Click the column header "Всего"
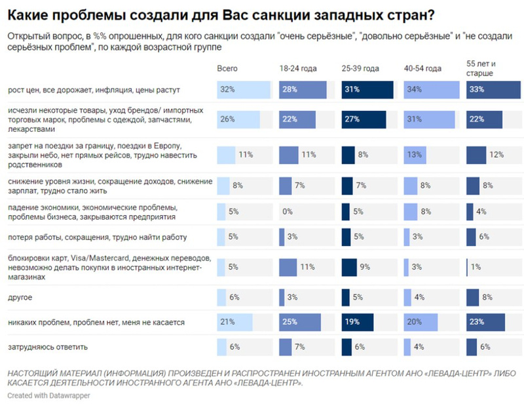227,68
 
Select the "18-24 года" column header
298,68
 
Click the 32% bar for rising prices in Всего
243,89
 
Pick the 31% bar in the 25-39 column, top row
367,89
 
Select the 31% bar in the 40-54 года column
430,119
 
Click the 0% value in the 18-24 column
286,212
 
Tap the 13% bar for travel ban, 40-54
413,155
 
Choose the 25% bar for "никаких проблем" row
299,323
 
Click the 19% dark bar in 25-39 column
357,323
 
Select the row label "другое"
20,297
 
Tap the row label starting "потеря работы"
98,237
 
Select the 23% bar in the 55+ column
485,323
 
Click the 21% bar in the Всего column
234,323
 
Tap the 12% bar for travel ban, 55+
476,155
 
